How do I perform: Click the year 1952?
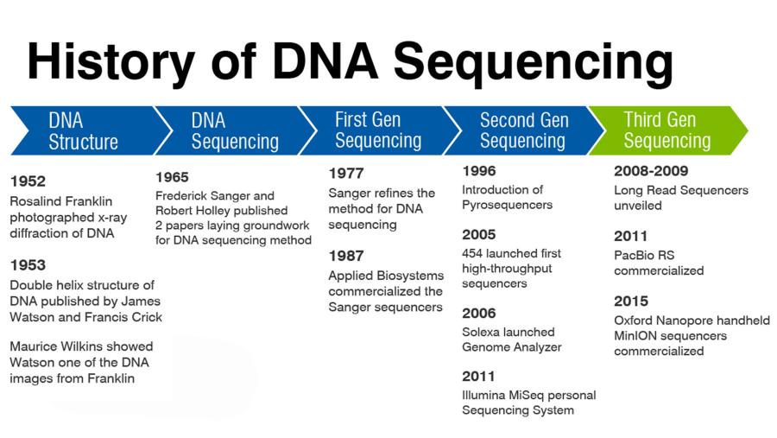[28, 181]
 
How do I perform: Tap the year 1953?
[28, 265]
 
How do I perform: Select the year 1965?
[172, 177]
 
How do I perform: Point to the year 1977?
[346, 173]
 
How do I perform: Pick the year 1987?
[346, 256]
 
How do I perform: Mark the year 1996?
[479, 171]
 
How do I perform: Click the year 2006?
[479, 313]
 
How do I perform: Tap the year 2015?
[631, 302]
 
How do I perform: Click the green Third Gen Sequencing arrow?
[665, 130]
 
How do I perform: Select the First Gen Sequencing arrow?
[377, 130]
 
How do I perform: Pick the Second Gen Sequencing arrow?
[523, 130]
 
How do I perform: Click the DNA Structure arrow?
[83, 130]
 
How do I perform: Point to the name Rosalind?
[35, 201]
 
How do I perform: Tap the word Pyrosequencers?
[507, 206]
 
